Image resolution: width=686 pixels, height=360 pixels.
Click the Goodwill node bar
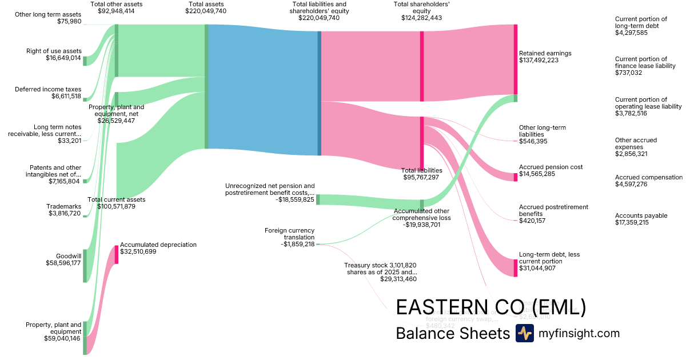85,266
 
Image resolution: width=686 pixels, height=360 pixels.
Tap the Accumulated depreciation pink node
117,254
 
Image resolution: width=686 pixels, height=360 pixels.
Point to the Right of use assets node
85,61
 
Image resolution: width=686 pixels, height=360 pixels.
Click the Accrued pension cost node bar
515,177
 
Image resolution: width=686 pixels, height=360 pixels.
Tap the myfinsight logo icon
524,333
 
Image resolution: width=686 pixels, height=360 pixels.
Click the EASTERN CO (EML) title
491,307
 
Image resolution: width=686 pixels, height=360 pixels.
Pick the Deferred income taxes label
48,89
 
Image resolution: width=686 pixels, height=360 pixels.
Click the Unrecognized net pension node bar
318,199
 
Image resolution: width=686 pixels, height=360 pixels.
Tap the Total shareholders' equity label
421,7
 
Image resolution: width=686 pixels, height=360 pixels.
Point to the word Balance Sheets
452,333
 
